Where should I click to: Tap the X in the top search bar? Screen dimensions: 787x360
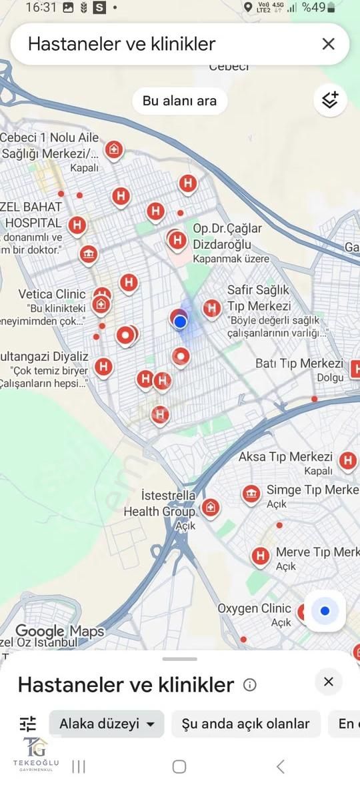328,44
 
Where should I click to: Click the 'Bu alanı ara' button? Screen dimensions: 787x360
179,101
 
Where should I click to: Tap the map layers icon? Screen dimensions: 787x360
330,100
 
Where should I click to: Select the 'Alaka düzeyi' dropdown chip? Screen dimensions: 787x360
107,724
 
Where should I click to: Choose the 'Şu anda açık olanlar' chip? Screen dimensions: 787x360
245,724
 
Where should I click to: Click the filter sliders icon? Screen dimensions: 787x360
28,724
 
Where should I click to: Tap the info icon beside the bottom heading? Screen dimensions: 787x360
250,685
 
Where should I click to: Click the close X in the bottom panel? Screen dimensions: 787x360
328,682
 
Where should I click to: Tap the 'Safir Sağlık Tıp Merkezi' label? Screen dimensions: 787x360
259,298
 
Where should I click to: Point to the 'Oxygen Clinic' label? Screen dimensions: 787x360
254,608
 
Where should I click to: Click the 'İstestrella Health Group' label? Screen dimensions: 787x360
160,504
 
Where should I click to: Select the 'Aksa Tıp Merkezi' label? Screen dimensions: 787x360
285,457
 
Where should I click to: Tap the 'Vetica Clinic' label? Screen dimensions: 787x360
52,294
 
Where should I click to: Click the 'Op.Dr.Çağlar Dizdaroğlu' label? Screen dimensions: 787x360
227,236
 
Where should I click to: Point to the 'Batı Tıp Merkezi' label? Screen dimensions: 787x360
299,363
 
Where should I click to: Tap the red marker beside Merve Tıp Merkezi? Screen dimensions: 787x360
260,555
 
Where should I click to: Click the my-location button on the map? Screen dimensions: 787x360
325,611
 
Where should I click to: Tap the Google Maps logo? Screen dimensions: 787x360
59,631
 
